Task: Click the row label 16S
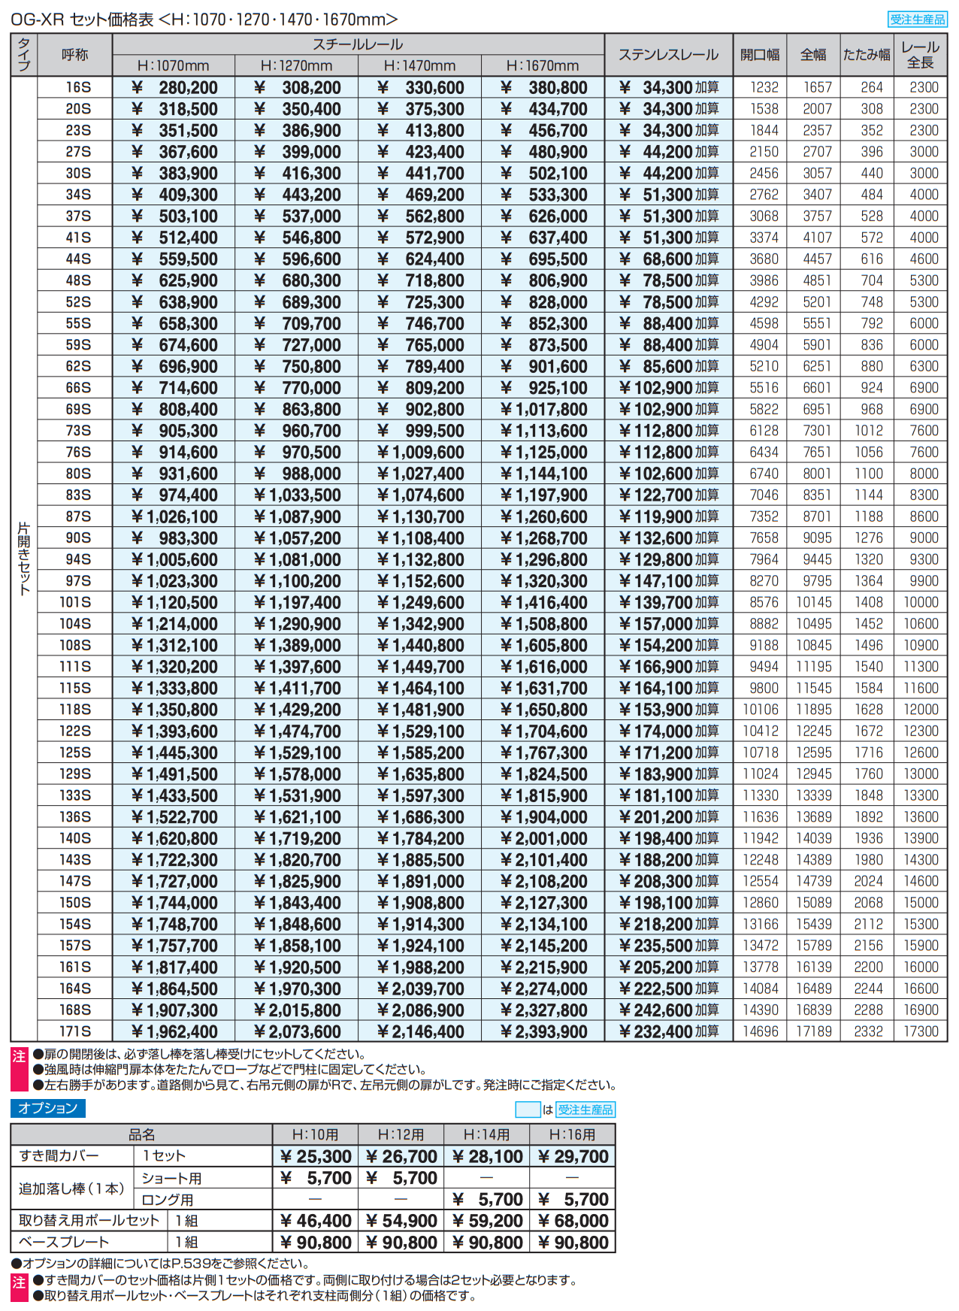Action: tap(78, 87)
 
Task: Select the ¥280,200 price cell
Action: tap(174, 87)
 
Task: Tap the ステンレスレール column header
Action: tap(668, 54)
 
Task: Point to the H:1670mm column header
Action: tap(542, 65)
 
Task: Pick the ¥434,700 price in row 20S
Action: tap(543, 109)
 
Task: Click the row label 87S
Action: tap(78, 516)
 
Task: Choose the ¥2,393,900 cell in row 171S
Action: tap(543, 1031)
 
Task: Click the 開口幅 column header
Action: tap(760, 54)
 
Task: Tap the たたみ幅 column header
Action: tap(866, 54)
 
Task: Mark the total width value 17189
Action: tap(814, 1031)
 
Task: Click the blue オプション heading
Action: tap(48, 1108)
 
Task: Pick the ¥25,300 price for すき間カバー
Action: tap(315, 1156)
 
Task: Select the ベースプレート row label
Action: tap(64, 1242)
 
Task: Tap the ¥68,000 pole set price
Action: tap(573, 1221)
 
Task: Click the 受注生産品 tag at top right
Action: tap(917, 20)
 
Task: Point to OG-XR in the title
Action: tap(37, 20)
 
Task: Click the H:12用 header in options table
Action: tap(401, 1134)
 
